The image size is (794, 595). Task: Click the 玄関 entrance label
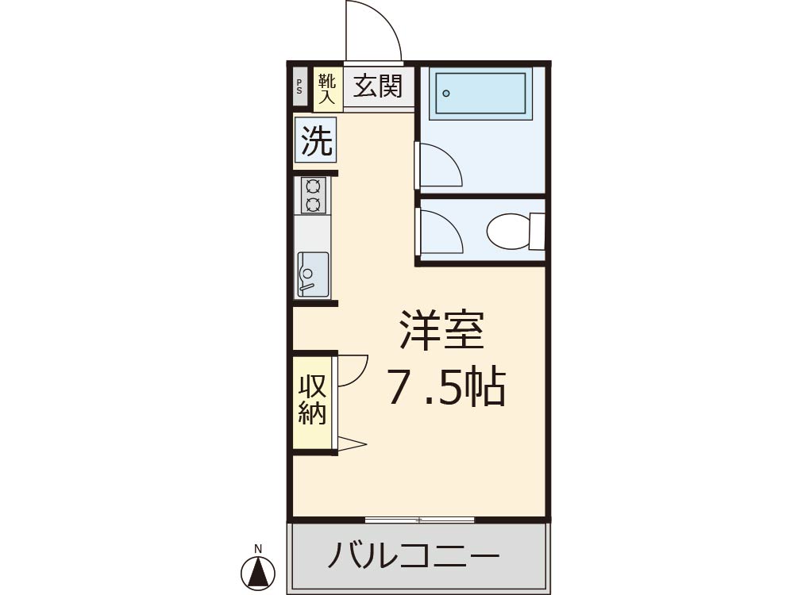(378, 86)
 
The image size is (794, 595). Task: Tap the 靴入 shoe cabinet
(327, 90)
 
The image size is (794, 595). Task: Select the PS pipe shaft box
(300, 87)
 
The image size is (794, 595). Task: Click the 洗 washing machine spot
(316, 139)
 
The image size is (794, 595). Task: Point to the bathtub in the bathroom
(480, 94)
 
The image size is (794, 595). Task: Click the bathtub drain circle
(446, 93)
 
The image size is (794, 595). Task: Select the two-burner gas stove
(313, 195)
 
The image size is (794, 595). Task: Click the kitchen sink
(313, 274)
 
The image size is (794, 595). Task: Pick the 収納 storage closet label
(311, 400)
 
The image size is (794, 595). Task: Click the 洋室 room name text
(441, 330)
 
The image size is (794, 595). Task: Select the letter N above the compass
(258, 548)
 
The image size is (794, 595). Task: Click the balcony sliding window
(420, 520)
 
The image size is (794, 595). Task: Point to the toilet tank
(538, 231)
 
